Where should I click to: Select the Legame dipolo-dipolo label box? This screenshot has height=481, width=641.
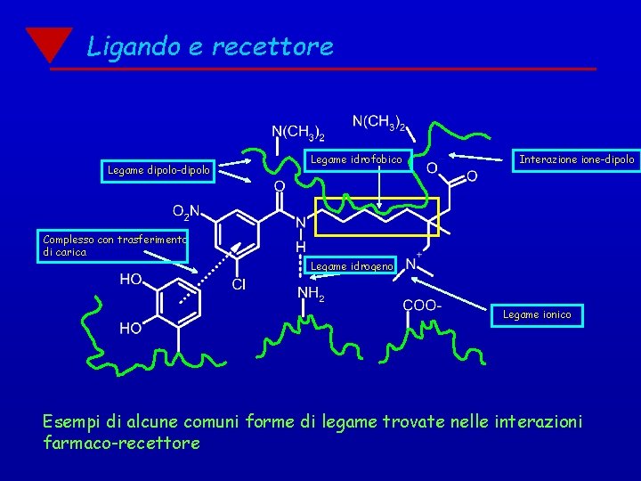pos(158,169)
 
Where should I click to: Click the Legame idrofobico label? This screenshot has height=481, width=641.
pos(356,159)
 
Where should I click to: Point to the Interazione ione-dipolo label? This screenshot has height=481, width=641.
pos(577,159)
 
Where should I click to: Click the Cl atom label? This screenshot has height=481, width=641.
pos(239,285)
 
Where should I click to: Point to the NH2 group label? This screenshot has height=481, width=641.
pos(311,293)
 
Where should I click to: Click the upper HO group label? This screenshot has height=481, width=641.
pos(131,280)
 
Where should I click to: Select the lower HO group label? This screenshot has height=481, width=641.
pos(131,328)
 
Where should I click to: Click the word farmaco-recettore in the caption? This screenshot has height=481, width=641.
pos(121,443)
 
